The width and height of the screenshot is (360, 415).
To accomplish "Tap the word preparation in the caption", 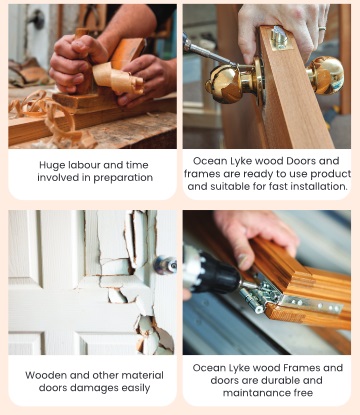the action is click(123, 178).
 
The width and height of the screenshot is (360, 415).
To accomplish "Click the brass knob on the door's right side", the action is click(325, 75).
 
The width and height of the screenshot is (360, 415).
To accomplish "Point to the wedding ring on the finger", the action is click(322, 29).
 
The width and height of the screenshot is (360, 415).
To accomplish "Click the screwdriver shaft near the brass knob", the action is click(209, 53).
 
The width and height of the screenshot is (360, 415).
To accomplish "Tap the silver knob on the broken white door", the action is click(165, 265).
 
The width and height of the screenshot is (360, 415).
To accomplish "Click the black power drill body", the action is click(212, 272).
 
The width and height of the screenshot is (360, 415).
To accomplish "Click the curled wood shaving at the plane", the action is click(117, 78).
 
